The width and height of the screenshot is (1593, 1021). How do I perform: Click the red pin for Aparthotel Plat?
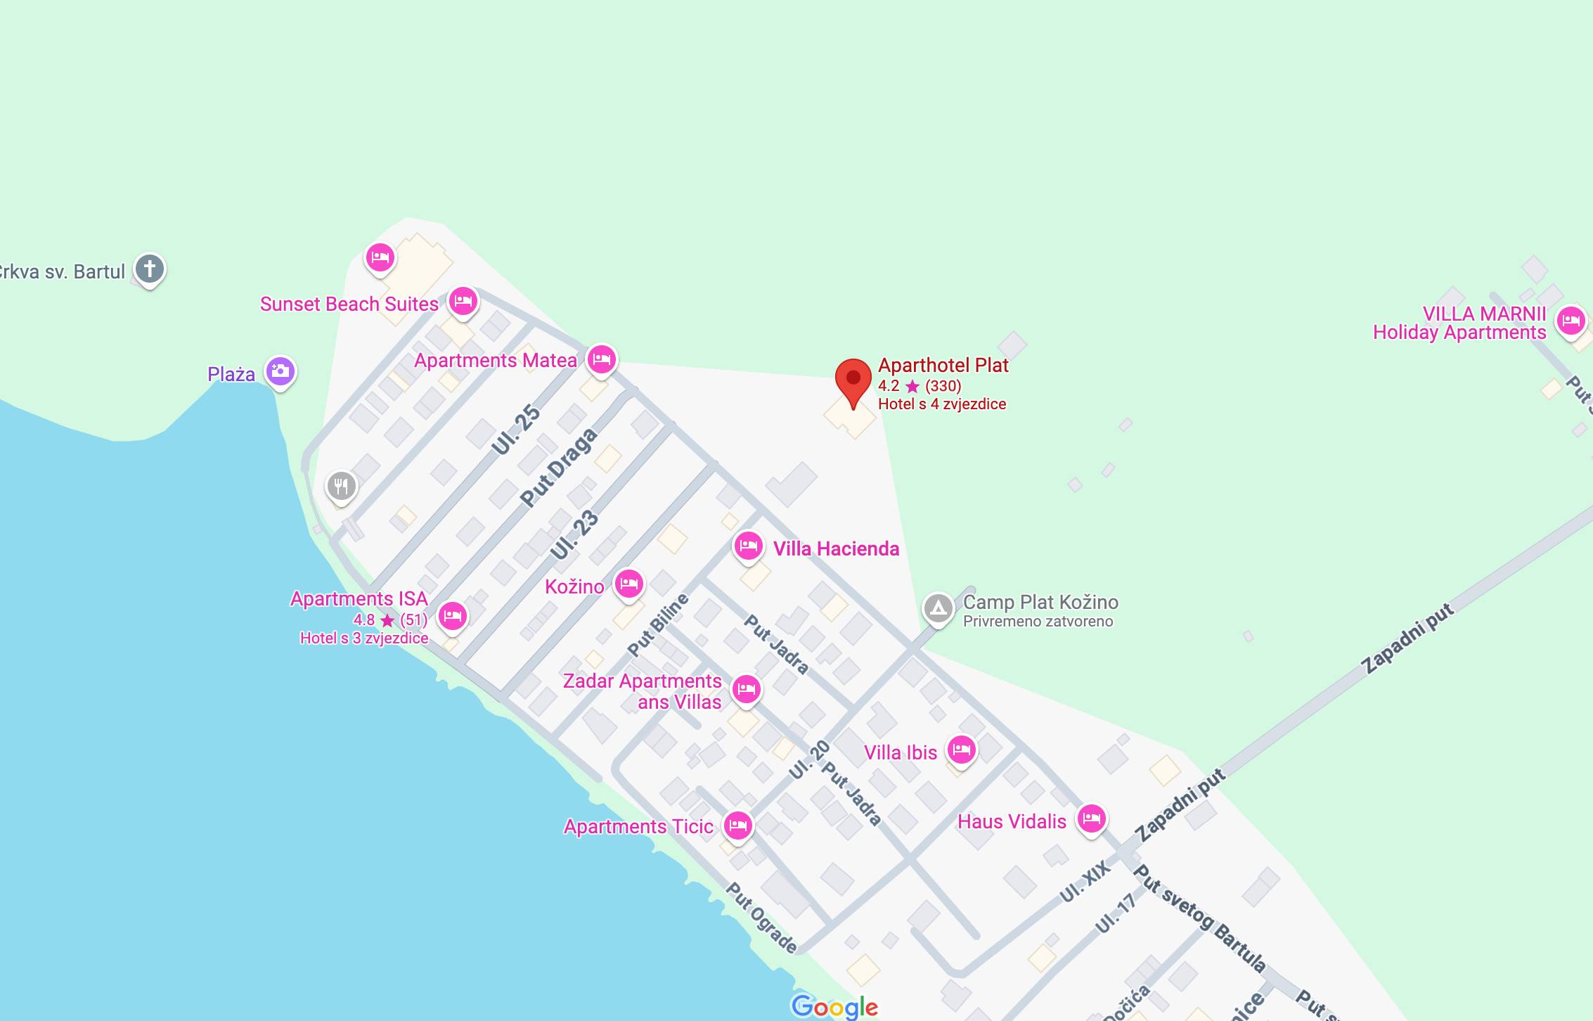853,380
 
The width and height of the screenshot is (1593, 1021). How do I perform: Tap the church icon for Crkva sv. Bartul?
149,269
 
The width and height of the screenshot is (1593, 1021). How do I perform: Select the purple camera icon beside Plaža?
280,371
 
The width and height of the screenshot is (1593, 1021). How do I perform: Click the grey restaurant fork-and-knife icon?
341,485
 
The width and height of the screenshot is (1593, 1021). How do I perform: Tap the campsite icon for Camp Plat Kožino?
938,608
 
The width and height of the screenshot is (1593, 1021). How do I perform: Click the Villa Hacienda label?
836,548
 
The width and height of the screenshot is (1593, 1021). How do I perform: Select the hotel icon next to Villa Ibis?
961,750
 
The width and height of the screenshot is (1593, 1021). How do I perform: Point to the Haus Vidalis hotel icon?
1091,818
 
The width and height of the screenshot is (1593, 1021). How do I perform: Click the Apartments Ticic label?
638,826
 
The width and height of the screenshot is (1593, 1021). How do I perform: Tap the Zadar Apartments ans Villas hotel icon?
746,689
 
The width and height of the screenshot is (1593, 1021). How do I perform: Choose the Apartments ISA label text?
359,599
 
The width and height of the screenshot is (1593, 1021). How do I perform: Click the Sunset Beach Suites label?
349,304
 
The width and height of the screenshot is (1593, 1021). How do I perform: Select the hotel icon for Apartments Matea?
601,359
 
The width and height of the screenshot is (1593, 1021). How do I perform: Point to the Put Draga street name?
559,467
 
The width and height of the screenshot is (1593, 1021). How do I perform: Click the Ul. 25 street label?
516,430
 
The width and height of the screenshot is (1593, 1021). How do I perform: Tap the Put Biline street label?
657,625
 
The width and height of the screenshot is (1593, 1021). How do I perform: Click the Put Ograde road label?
761,918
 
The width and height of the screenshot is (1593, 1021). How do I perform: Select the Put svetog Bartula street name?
1199,918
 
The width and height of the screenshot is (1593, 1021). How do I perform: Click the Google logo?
834,1006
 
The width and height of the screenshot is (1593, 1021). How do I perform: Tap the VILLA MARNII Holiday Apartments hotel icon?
1571,321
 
